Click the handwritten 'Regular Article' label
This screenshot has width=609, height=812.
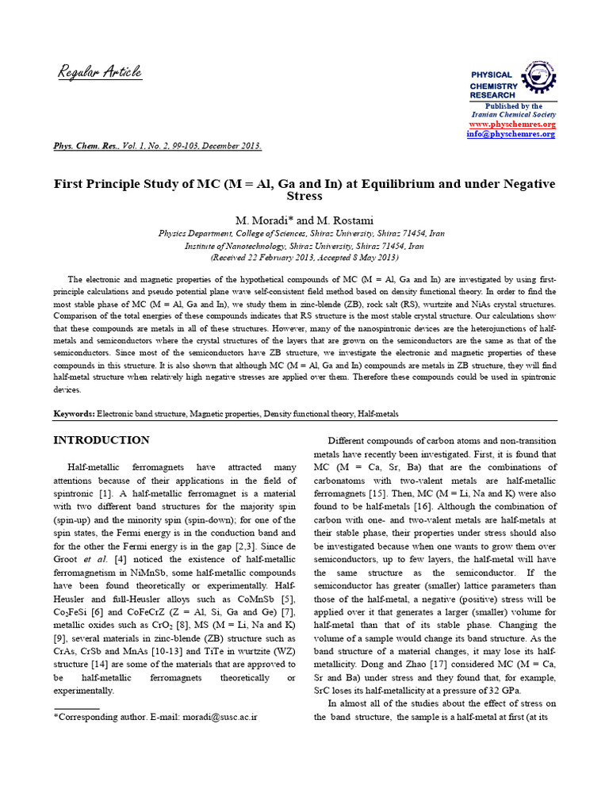point(100,72)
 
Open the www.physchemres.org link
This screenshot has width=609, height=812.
point(512,124)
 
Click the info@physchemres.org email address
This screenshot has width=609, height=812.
point(511,134)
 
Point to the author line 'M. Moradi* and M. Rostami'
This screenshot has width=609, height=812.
point(304,219)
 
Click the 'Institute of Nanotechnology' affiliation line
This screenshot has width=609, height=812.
point(304,246)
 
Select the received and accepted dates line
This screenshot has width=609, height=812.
point(304,258)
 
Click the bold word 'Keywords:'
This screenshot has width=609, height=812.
point(74,414)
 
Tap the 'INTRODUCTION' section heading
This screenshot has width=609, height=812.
point(101,440)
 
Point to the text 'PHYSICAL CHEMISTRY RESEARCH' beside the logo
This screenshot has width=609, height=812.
point(493,85)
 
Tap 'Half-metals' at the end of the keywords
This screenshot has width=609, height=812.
point(378,414)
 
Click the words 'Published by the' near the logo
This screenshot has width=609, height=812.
point(513,105)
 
